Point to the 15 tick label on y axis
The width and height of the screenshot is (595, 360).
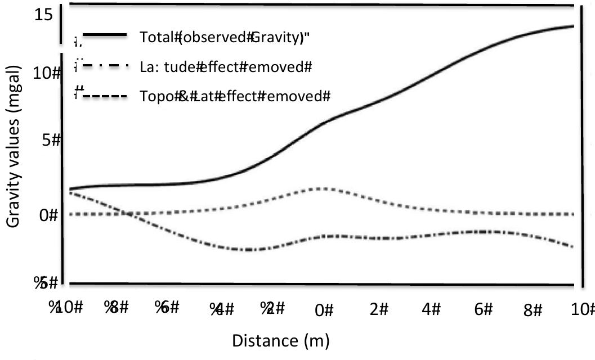click(x=43, y=15)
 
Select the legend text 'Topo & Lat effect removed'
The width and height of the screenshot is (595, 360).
click(x=234, y=96)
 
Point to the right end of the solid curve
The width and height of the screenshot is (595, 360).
click(x=573, y=26)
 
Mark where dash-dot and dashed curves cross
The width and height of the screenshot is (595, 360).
click(x=128, y=214)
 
